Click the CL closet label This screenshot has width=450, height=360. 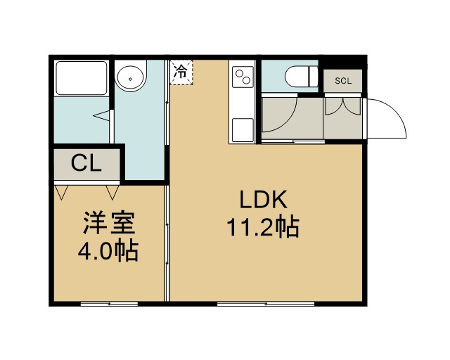click(86, 163)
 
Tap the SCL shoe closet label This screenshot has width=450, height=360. click(343, 81)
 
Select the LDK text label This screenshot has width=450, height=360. click(264, 200)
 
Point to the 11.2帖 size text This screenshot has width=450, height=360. click(263, 227)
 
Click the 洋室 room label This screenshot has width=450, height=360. click(109, 223)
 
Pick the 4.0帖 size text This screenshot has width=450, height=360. click(108, 250)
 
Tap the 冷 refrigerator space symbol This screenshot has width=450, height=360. click(181, 72)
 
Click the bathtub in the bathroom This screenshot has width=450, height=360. click(82, 78)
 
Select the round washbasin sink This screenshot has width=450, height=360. click(130, 78)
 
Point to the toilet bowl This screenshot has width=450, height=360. click(302, 77)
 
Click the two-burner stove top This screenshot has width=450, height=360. click(243, 77)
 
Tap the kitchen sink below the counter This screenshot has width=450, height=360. click(243, 130)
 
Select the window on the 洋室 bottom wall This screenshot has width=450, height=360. click(109, 304)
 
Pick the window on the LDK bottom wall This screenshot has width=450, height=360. click(266, 304)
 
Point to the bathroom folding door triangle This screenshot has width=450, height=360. click(102, 116)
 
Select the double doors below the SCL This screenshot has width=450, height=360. click(343, 106)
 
